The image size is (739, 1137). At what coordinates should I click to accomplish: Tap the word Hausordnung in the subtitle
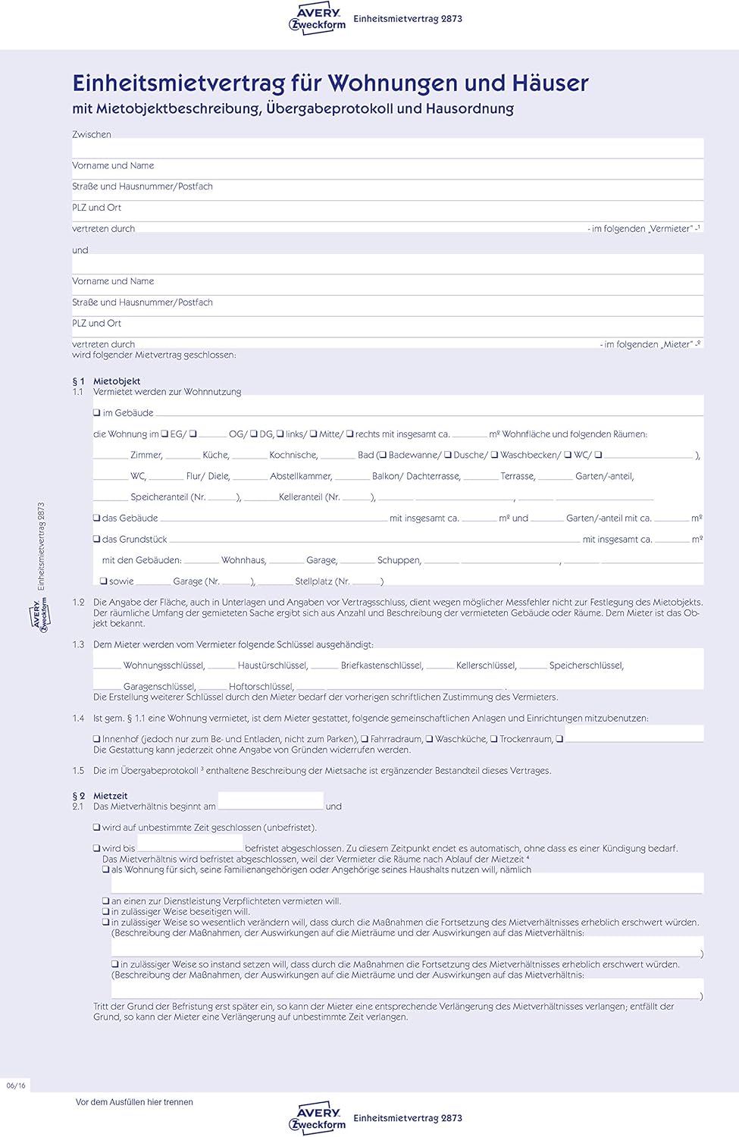click(x=469, y=108)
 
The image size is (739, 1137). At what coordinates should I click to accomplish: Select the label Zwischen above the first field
click(x=92, y=135)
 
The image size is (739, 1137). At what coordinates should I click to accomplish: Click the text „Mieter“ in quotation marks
click(x=676, y=345)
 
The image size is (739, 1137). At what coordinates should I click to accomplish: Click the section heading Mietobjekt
click(x=117, y=381)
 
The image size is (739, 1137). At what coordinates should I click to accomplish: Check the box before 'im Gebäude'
click(x=97, y=413)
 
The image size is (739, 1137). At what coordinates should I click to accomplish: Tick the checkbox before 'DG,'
click(x=254, y=434)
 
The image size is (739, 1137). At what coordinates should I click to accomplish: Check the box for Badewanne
click(x=383, y=455)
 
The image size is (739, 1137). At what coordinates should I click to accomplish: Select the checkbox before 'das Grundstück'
click(x=97, y=540)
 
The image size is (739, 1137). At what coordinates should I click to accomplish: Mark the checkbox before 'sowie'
click(x=104, y=581)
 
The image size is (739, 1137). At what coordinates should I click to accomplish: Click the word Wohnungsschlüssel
click(x=164, y=666)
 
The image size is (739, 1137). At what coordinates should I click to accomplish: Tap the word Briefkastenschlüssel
click(x=381, y=666)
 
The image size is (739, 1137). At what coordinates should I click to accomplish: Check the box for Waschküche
click(x=430, y=739)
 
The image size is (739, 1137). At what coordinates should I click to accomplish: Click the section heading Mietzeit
click(x=111, y=796)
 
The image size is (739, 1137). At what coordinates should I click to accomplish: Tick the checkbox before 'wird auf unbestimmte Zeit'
click(x=97, y=828)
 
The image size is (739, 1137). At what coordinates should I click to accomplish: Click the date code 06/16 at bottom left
click(x=16, y=1085)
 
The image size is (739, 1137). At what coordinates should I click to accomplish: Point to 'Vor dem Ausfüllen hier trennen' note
click(x=134, y=1102)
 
